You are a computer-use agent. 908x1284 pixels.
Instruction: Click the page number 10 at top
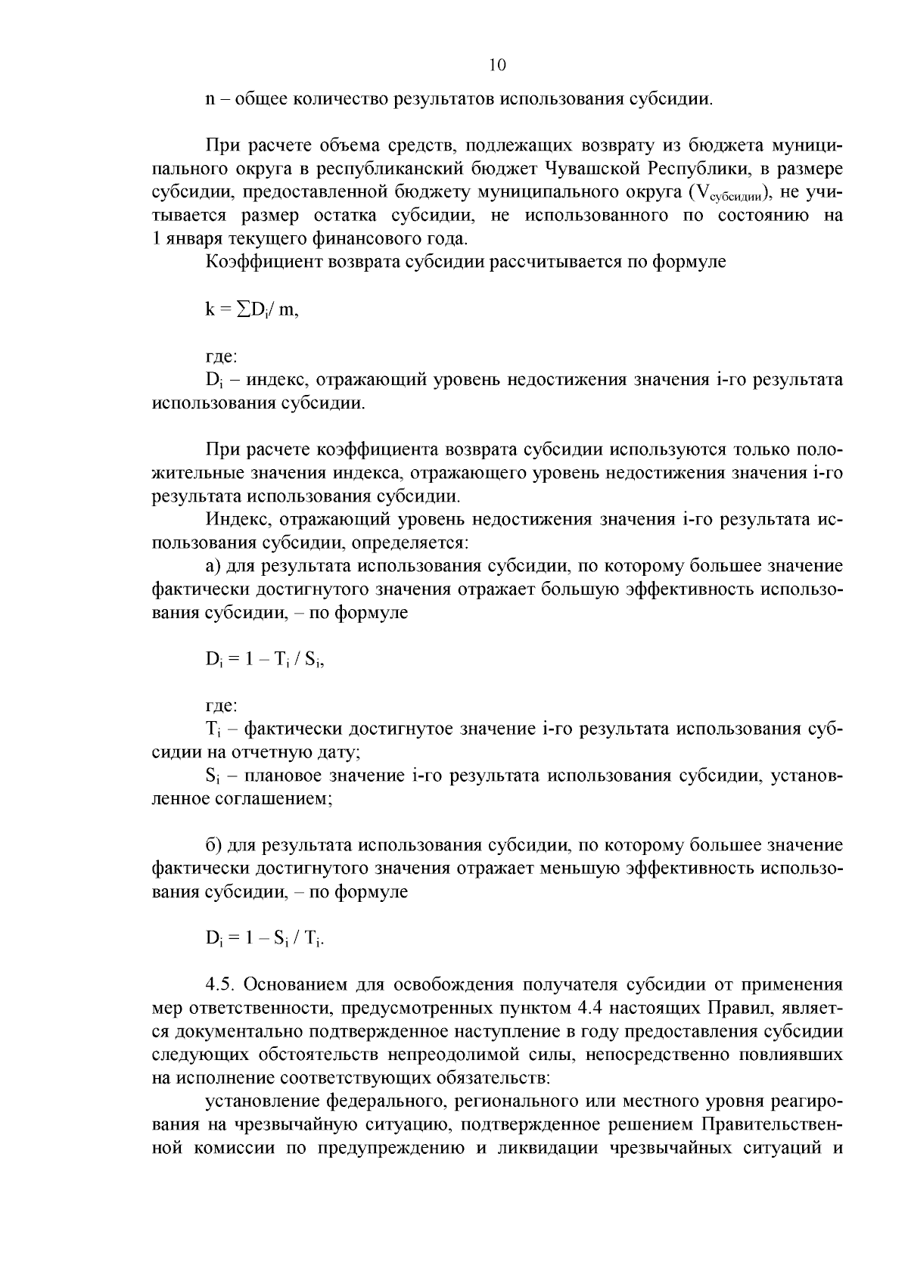pos(497,65)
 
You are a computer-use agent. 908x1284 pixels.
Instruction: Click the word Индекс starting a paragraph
pos(235,520)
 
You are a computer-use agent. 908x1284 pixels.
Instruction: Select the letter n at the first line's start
pos(210,99)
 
